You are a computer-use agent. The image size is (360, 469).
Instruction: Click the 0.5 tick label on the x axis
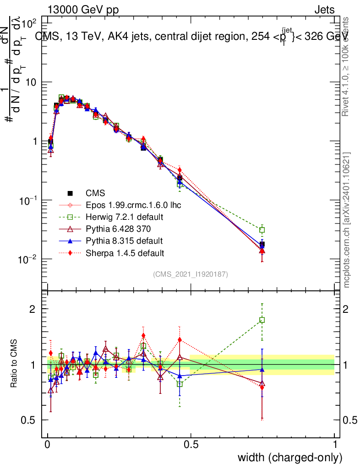(x=191, y=444)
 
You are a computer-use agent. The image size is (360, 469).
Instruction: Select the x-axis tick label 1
(x=334, y=444)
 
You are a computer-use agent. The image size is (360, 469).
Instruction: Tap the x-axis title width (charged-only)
(x=289, y=457)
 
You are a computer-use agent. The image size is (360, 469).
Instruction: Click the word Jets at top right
(x=324, y=10)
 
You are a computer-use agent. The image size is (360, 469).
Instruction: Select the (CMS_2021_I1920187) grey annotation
(x=191, y=274)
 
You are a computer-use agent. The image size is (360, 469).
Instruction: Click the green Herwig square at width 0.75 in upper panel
(x=262, y=230)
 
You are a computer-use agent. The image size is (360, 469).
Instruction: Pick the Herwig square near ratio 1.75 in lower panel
(x=262, y=320)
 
